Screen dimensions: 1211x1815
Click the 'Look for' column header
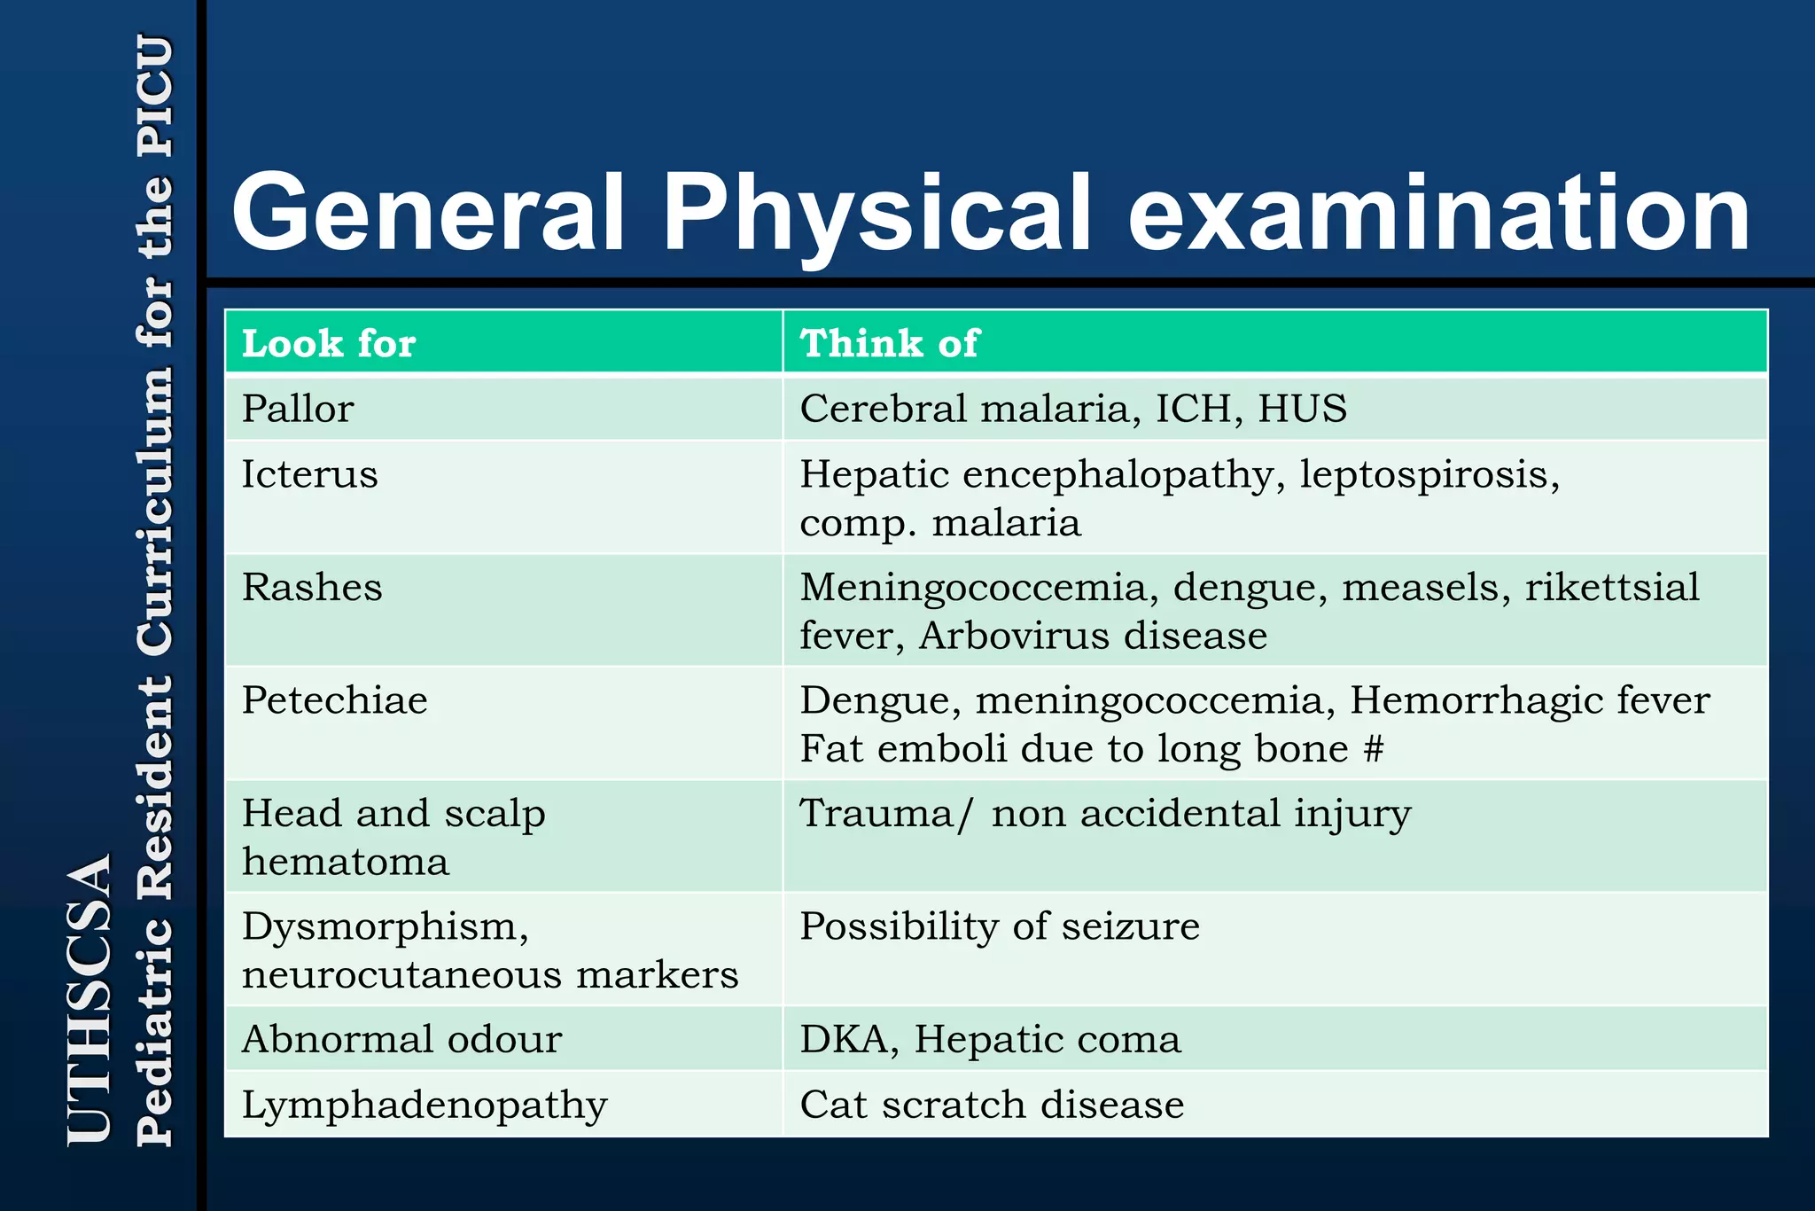[x=329, y=343]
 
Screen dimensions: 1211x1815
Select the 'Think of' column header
[x=889, y=343]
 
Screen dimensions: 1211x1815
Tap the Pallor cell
[x=298, y=409]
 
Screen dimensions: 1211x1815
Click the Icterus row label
[x=310, y=474]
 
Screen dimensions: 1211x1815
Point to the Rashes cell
[x=312, y=587]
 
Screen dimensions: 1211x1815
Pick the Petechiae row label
[x=335, y=700]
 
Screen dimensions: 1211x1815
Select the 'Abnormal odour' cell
[x=401, y=1039]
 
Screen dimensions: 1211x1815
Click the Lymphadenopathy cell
[x=425, y=1106]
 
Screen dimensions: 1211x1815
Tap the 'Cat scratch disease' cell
[x=992, y=1105]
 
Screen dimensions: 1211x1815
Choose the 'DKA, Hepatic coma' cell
[x=990, y=1039]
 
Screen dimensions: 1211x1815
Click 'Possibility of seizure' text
[x=1000, y=926]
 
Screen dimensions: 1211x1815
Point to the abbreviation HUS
[x=1302, y=409]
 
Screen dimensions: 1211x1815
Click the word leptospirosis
[x=1429, y=475]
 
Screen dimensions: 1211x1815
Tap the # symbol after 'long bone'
[x=1373, y=749]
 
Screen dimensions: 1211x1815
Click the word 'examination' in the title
[x=1438, y=213]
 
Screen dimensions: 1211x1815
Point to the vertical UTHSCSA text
[x=90, y=998]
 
